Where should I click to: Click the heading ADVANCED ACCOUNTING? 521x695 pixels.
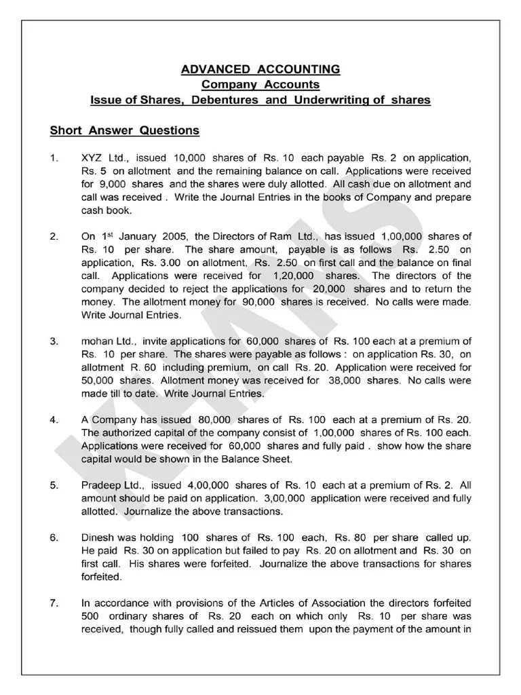[260, 70]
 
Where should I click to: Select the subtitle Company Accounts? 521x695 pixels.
[260, 85]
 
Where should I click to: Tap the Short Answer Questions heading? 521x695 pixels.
[124, 130]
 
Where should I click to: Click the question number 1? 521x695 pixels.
[54, 158]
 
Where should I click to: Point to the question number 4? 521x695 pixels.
[54, 420]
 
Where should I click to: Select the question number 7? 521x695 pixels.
[54, 603]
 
